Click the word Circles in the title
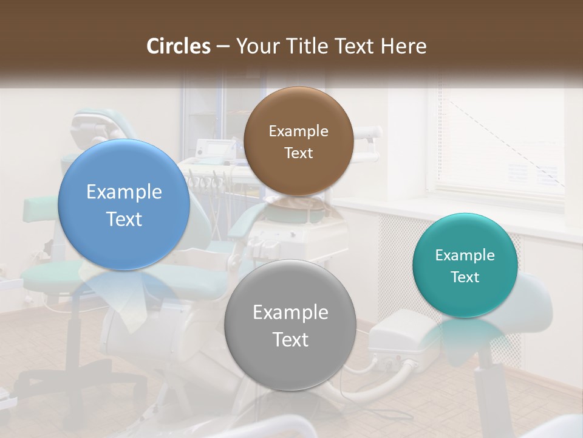pos(179,46)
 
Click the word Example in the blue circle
pos(124,192)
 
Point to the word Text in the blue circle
pos(124,219)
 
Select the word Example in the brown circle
pos(298,131)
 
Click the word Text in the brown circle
pos(298,153)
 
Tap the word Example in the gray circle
pos(290,313)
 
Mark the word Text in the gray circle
pos(290,339)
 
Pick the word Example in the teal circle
pos(465,255)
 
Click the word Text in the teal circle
pos(465,277)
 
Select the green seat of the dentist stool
pos(55,277)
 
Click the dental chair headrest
pos(94,125)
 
